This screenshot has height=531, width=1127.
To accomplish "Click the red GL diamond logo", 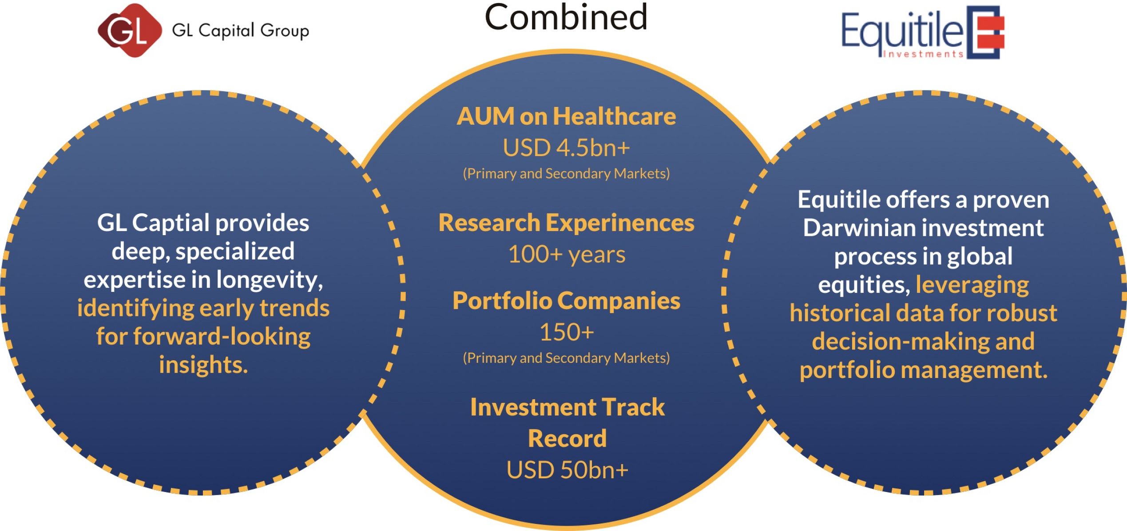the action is pos(129,30).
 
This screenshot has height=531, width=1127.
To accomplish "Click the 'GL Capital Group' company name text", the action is pos(240,31).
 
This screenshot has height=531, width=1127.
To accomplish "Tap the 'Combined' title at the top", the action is pos(566,17).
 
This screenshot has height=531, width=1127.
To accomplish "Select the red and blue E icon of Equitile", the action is pos(985,32).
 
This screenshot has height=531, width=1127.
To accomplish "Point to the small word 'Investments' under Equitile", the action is pos(922,54).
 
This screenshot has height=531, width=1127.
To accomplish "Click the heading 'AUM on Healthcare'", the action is pos(566,116).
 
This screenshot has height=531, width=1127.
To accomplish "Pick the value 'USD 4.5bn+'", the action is pos(566,148).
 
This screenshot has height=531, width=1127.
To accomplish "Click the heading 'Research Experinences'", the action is pos(566,223).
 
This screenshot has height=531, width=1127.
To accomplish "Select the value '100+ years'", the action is pos(567,255).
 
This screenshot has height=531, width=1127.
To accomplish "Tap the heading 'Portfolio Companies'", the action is pos(566,301).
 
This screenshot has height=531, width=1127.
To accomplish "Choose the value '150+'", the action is pos(567,332).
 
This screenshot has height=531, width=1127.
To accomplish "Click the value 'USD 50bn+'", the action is pos(567,470).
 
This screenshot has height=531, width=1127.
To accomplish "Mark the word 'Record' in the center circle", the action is pos(567,438).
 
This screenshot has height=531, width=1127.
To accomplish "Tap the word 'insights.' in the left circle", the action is pos(203,365).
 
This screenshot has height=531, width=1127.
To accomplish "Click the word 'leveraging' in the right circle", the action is pos(972,285).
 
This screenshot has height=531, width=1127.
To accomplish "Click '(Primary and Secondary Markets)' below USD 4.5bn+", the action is pos(566,173).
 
